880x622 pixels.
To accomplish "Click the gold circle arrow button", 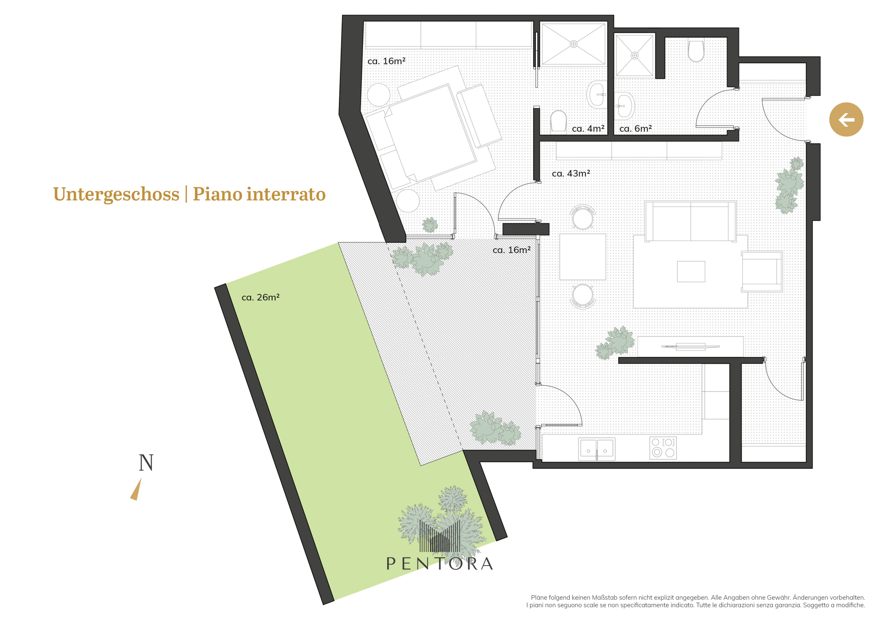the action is [x=846, y=120].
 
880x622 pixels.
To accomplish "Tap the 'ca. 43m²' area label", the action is [x=571, y=174].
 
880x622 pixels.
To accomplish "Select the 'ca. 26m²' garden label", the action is [x=260, y=297].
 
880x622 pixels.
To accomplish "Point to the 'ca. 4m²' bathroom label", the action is [x=588, y=129].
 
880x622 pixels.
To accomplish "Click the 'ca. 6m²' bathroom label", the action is [x=635, y=129].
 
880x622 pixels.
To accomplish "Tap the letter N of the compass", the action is [x=146, y=463].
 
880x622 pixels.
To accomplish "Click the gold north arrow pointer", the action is [x=136, y=490].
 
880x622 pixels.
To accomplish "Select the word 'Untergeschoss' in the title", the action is [x=116, y=194].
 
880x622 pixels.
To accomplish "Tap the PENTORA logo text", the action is [x=440, y=563].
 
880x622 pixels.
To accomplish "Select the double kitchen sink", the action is [x=597, y=449].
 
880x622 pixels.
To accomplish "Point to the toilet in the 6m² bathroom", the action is [x=696, y=51].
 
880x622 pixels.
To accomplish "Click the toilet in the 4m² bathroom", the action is [x=558, y=121].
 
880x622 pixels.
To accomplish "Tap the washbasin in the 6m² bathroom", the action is [x=624, y=106].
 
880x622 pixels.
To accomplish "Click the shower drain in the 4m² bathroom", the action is [x=573, y=44].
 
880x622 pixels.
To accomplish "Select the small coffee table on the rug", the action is [x=691, y=271].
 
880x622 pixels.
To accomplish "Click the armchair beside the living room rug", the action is [x=762, y=271].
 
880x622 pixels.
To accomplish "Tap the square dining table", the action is [x=583, y=257].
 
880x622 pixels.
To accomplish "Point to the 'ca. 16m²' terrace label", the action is [x=511, y=250].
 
